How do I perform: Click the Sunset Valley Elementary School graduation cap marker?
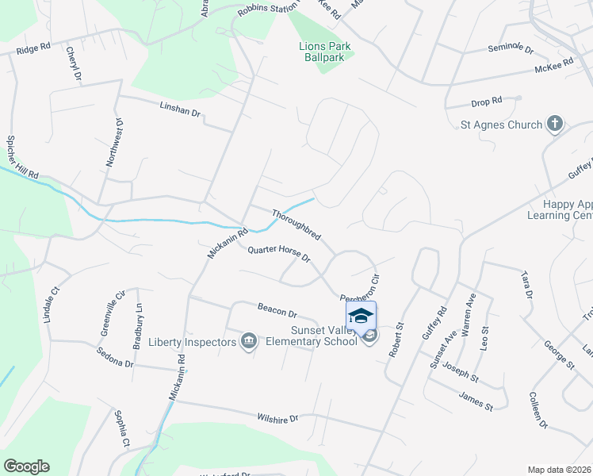point(361,316)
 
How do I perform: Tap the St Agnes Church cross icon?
point(555,124)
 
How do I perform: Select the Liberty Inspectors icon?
point(248,342)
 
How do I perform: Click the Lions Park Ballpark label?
point(325,52)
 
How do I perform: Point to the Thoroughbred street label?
point(296,225)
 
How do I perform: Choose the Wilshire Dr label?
point(277,418)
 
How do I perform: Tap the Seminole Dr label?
point(511,48)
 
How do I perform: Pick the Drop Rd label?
point(487,102)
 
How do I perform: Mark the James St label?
point(476,402)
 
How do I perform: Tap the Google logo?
point(26,466)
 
